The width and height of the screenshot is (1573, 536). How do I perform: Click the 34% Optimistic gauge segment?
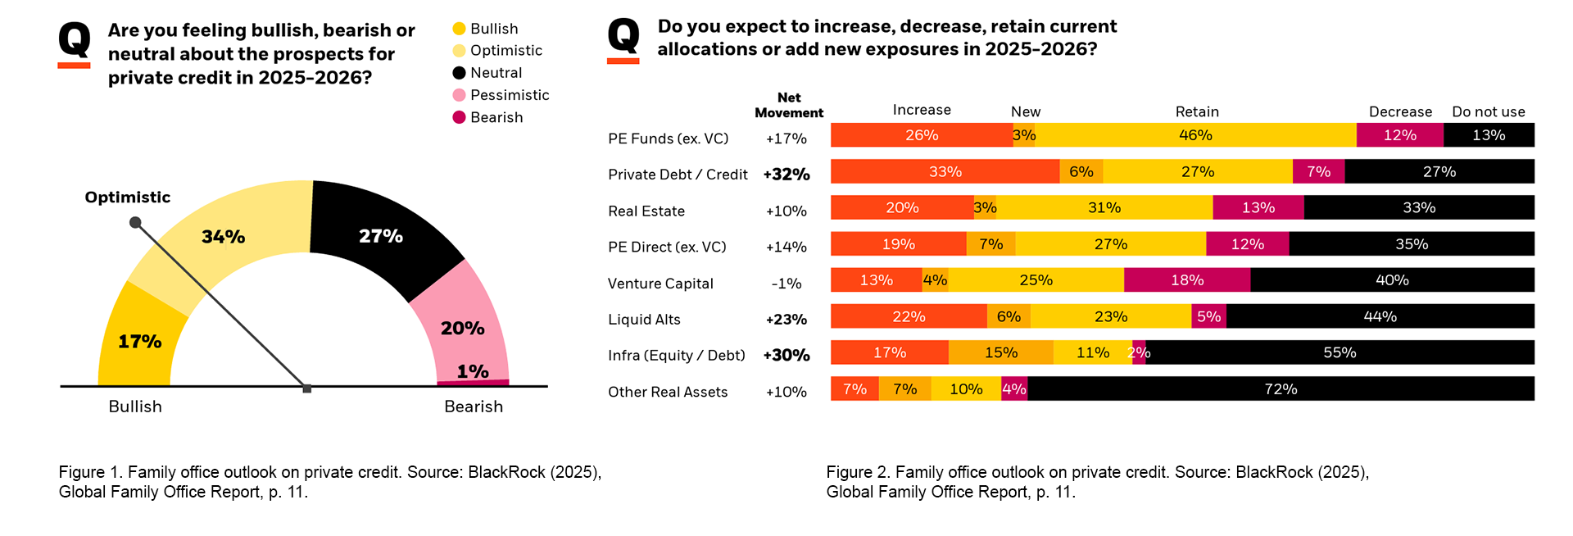pyautogui.click(x=223, y=237)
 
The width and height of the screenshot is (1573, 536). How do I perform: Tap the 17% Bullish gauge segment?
pyautogui.click(x=139, y=341)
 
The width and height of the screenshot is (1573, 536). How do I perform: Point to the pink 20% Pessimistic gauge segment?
pyautogui.click(x=462, y=328)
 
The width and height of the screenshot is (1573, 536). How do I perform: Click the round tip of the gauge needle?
pyautogui.click(x=136, y=222)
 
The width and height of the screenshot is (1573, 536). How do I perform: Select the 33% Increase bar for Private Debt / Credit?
pyautogui.click(x=945, y=171)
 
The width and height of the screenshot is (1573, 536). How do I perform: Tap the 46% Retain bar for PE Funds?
pyautogui.click(x=1195, y=135)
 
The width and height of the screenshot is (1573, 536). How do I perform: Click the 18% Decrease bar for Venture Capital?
pyautogui.click(x=1187, y=280)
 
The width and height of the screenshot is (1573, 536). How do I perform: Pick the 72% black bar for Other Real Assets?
pyautogui.click(x=1281, y=388)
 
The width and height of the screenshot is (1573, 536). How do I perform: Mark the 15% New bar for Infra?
pyautogui.click(x=1000, y=352)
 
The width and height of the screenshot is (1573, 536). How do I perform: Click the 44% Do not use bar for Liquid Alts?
pyautogui.click(x=1380, y=316)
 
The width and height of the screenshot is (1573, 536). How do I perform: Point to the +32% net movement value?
pyautogui.click(x=786, y=175)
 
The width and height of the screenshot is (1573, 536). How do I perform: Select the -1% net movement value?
pyautogui.click(x=786, y=284)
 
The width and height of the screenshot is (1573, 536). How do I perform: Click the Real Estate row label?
pyautogui.click(x=646, y=211)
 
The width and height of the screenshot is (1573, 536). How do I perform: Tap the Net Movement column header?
pyautogui.click(x=789, y=105)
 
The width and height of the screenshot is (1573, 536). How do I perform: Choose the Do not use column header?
pyautogui.click(x=1488, y=111)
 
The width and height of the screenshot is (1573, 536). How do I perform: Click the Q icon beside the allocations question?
pyautogui.click(x=623, y=39)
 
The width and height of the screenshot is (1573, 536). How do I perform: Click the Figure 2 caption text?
pyautogui.click(x=1097, y=482)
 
